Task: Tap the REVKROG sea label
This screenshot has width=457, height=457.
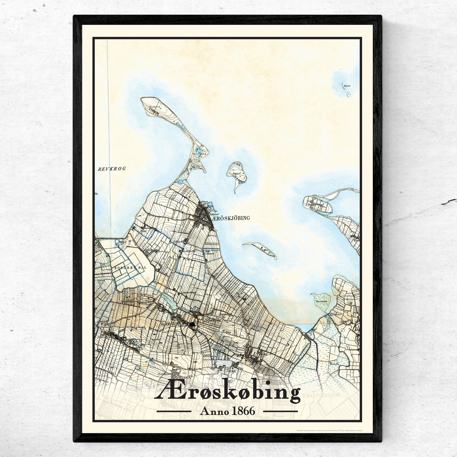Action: (x=112, y=169)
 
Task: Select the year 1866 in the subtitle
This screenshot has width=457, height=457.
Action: (x=243, y=411)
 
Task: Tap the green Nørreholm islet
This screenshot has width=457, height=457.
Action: (x=321, y=301)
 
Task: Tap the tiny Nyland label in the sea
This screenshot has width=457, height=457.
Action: (x=347, y=86)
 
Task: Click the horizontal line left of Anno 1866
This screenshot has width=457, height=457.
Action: (x=174, y=411)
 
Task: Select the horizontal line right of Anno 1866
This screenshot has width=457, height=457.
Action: (x=281, y=411)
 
